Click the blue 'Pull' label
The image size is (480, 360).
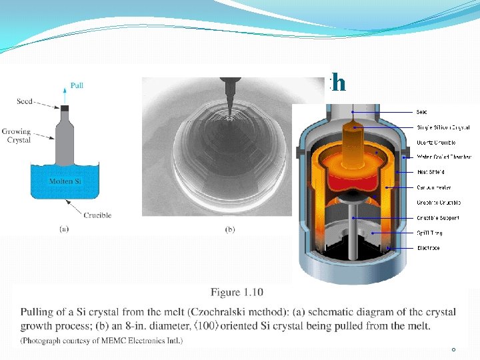click(x=77, y=86)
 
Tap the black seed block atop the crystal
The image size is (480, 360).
click(x=65, y=109)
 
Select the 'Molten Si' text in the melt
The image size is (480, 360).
click(x=65, y=181)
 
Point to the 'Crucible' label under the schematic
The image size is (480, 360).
click(x=97, y=215)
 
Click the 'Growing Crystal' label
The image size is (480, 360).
click(x=17, y=135)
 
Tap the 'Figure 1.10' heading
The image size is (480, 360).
click(x=237, y=293)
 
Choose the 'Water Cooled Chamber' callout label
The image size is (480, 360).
click(x=443, y=157)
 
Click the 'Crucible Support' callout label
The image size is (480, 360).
click(x=439, y=217)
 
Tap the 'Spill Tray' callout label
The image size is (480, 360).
click(x=429, y=233)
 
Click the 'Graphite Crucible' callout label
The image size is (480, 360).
click(x=439, y=203)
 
